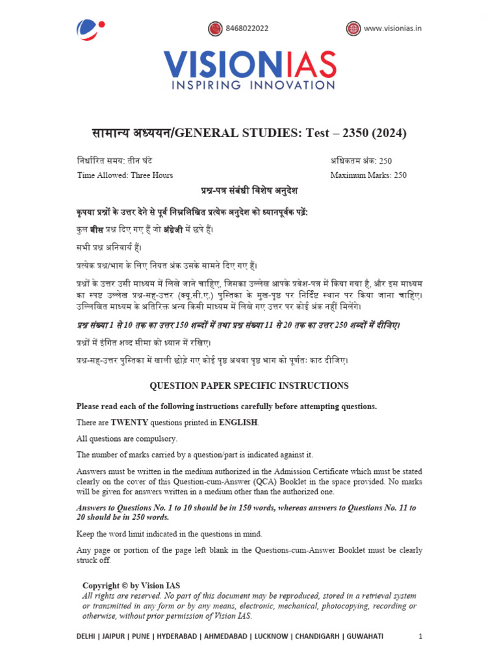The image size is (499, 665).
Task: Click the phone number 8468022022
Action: [x=247, y=29]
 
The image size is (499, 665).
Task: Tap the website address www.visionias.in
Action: [x=392, y=29]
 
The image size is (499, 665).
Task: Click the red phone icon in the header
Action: [x=215, y=29]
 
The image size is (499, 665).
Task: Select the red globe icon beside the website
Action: [x=353, y=29]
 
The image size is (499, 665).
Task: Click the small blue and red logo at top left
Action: [x=89, y=29]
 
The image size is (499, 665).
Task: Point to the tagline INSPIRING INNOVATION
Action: [x=249, y=85]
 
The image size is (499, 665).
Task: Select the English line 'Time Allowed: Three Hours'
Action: [x=125, y=175]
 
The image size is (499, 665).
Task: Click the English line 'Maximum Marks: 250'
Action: [x=368, y=175]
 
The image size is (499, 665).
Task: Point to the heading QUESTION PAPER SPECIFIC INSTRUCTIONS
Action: [x=249, y=386]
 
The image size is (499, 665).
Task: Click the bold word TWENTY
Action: [x=130, y=423]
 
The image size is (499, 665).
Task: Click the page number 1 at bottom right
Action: [x=420, y=636]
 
